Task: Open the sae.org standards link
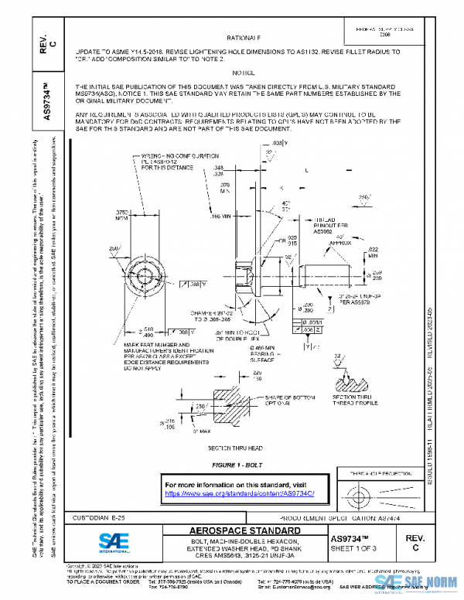coord(241,493)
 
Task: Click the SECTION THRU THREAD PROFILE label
coord(353,401)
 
